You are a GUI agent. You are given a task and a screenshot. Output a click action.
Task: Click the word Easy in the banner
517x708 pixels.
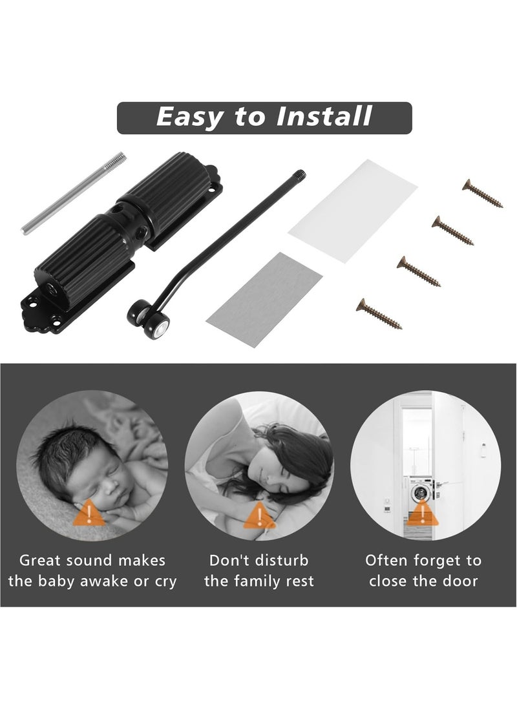coord(189,117)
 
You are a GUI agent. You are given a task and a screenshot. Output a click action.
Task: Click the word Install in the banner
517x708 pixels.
coord(324,117)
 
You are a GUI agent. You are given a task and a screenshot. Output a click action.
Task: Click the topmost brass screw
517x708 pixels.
coord(483,194)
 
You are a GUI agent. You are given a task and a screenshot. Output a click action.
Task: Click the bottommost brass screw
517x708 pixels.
coord(379,315)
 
